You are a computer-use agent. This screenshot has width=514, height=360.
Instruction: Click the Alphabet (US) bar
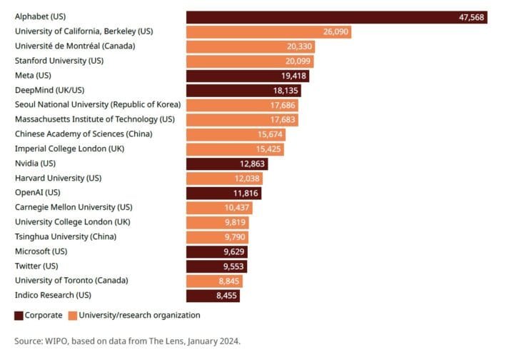click(x=336, y=17)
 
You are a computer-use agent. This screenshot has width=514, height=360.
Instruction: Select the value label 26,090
click(x=336, y=32)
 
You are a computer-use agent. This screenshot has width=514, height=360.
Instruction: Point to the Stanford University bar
click(x=250, y=61)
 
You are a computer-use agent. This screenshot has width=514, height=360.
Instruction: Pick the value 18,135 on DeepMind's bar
click(x=286, y=91)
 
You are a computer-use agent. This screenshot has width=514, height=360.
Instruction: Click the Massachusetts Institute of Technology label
click(x=94, y=119)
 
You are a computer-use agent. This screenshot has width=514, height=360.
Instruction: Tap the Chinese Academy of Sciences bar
click(x=236, y=134)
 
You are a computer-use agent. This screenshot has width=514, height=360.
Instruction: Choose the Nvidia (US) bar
click(x=226, y=164)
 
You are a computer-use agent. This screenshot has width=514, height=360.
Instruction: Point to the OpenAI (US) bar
click(x=223, y=193)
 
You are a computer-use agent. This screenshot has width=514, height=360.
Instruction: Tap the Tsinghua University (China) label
click(x=66, y=236)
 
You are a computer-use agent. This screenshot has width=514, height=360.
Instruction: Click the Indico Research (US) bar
click(x=213, y=296)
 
